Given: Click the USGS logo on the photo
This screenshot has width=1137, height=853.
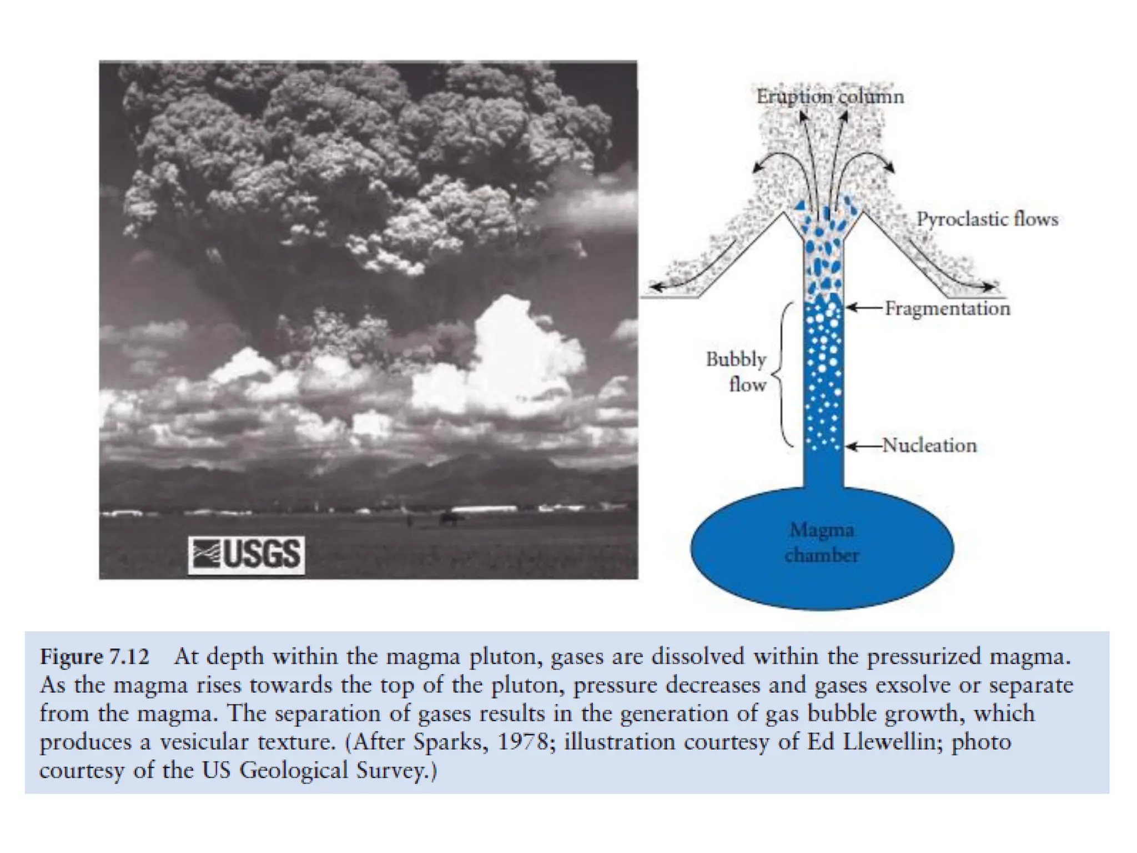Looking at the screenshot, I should coord(246,554).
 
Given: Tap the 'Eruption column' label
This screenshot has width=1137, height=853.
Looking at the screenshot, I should coord(830,97).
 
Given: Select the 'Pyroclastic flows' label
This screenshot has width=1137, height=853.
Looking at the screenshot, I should coord(987,219).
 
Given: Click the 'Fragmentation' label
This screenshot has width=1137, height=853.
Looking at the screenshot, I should coord(947,308).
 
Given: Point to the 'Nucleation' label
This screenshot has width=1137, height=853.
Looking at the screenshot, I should coord(929,445).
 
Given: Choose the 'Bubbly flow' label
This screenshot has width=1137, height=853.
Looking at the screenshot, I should coord(737,372).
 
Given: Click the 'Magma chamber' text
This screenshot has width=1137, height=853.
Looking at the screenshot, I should coord(822,543).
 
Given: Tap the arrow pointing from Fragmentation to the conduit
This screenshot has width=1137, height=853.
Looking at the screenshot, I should coord(864,308).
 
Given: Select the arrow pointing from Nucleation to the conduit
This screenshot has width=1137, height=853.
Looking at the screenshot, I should coord(864,446).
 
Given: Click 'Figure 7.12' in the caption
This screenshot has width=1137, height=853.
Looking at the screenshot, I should coord(94,657).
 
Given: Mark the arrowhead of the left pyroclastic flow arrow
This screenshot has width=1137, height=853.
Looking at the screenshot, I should coord(656,287).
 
